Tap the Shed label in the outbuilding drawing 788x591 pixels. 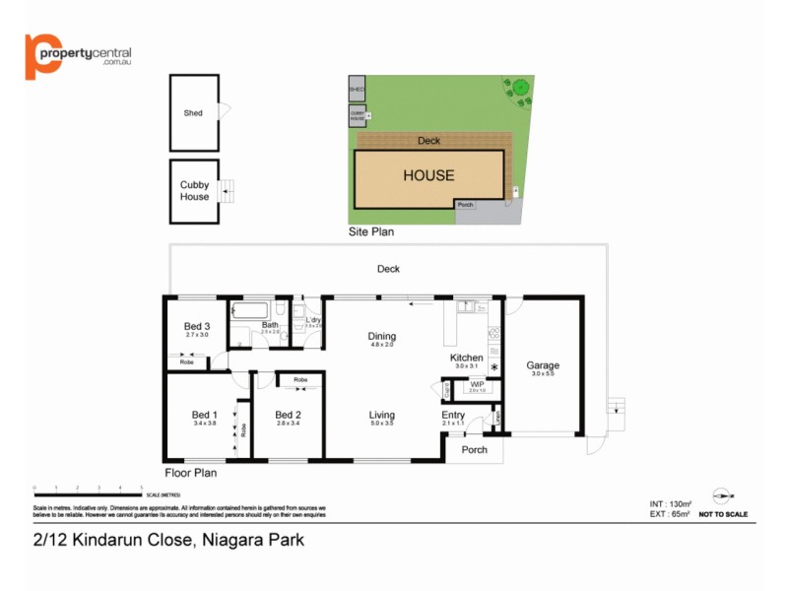193,113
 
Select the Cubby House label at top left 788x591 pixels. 194,190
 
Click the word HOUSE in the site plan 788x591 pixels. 428,176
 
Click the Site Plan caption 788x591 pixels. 371,233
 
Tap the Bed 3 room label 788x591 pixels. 197,327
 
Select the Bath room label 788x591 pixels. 269,325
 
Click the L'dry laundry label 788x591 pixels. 314,321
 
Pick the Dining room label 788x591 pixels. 381,336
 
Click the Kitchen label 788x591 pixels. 466,358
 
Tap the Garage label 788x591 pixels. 543,363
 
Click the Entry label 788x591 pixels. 453,415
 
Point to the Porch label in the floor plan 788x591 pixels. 474,450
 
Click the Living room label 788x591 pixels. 381,415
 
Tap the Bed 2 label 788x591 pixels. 287,415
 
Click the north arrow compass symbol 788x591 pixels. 723,497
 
